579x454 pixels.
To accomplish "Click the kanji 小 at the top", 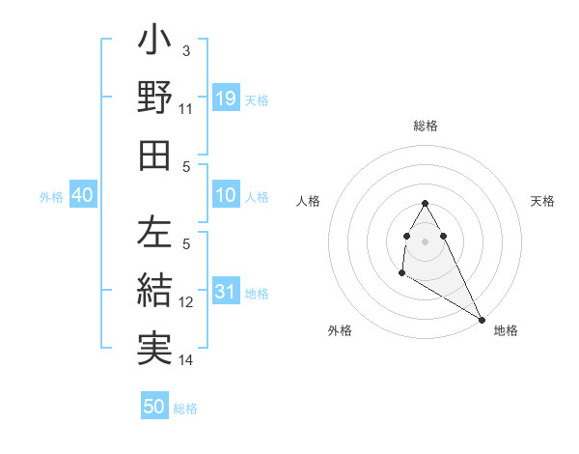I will (155, 43).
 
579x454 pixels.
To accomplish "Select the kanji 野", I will (155, 99).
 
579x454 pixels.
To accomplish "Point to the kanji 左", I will (155, 233).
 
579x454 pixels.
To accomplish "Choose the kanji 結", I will (155, 290).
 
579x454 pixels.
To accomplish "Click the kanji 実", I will (155, 346).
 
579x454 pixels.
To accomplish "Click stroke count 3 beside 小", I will (186, 50).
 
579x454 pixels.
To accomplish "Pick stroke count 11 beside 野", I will (186, 109).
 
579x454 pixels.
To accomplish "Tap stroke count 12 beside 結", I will (186, 302).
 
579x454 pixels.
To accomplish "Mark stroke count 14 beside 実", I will (186, 360).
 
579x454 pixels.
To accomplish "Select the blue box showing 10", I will (225, 194).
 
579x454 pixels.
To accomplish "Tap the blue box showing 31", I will (225, 291).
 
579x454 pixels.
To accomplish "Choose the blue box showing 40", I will (82, 195).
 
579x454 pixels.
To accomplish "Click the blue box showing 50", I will (154, 407).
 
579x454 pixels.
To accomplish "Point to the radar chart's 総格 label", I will (426, 126).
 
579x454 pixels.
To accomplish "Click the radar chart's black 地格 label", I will (506, 330).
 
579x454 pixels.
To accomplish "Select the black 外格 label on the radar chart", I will (340, 330).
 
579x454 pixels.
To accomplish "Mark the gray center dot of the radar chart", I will (426, 241).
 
